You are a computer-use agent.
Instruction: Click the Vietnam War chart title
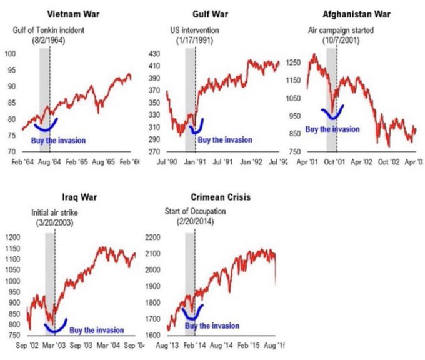71,14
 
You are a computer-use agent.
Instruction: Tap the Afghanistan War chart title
353,14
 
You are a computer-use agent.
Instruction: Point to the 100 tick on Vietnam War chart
10,54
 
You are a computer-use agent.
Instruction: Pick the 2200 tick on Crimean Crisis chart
152,237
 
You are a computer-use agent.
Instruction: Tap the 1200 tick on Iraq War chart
11,237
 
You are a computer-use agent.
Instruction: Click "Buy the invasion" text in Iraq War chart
96,330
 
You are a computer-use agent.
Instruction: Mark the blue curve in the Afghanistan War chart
332,114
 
